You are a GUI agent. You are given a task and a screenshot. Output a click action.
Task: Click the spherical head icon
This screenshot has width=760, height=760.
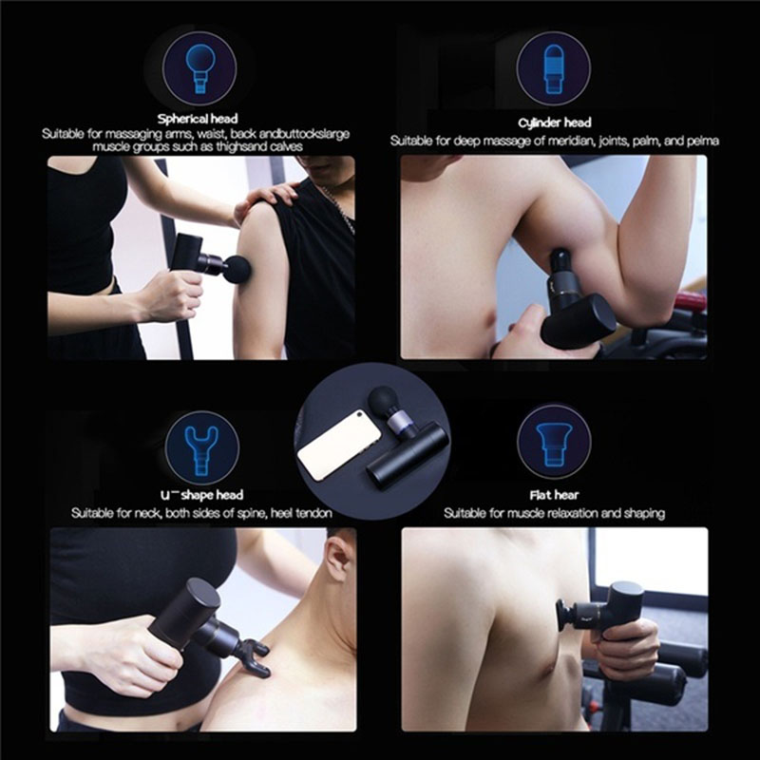(199, 68)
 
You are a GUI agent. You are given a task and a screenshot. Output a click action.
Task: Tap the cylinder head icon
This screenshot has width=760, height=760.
(554, 68)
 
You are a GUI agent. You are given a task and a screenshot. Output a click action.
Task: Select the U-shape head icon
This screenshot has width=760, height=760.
(202, 447)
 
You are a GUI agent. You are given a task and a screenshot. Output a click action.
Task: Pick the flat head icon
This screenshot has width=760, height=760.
(554, 442)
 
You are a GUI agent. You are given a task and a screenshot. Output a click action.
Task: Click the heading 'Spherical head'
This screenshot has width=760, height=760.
(198, 119)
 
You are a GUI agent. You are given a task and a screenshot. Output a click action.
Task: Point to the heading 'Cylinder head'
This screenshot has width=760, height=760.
(555, 123)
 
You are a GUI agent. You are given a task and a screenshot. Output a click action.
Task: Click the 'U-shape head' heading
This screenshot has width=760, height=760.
(201, 495)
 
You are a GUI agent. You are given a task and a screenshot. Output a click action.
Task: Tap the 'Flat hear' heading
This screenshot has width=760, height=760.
(554, 495)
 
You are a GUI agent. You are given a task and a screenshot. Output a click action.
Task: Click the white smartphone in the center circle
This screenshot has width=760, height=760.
(339, 445)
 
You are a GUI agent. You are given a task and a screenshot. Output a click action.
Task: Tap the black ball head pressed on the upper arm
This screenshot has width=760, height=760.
(237, 269)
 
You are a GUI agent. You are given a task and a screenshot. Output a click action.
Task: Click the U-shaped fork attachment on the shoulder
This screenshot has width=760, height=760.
(254, 656)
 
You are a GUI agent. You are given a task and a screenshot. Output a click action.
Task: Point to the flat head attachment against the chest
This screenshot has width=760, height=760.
(564, 615)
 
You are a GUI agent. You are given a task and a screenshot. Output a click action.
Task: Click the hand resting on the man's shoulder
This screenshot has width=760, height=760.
(265, 200)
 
